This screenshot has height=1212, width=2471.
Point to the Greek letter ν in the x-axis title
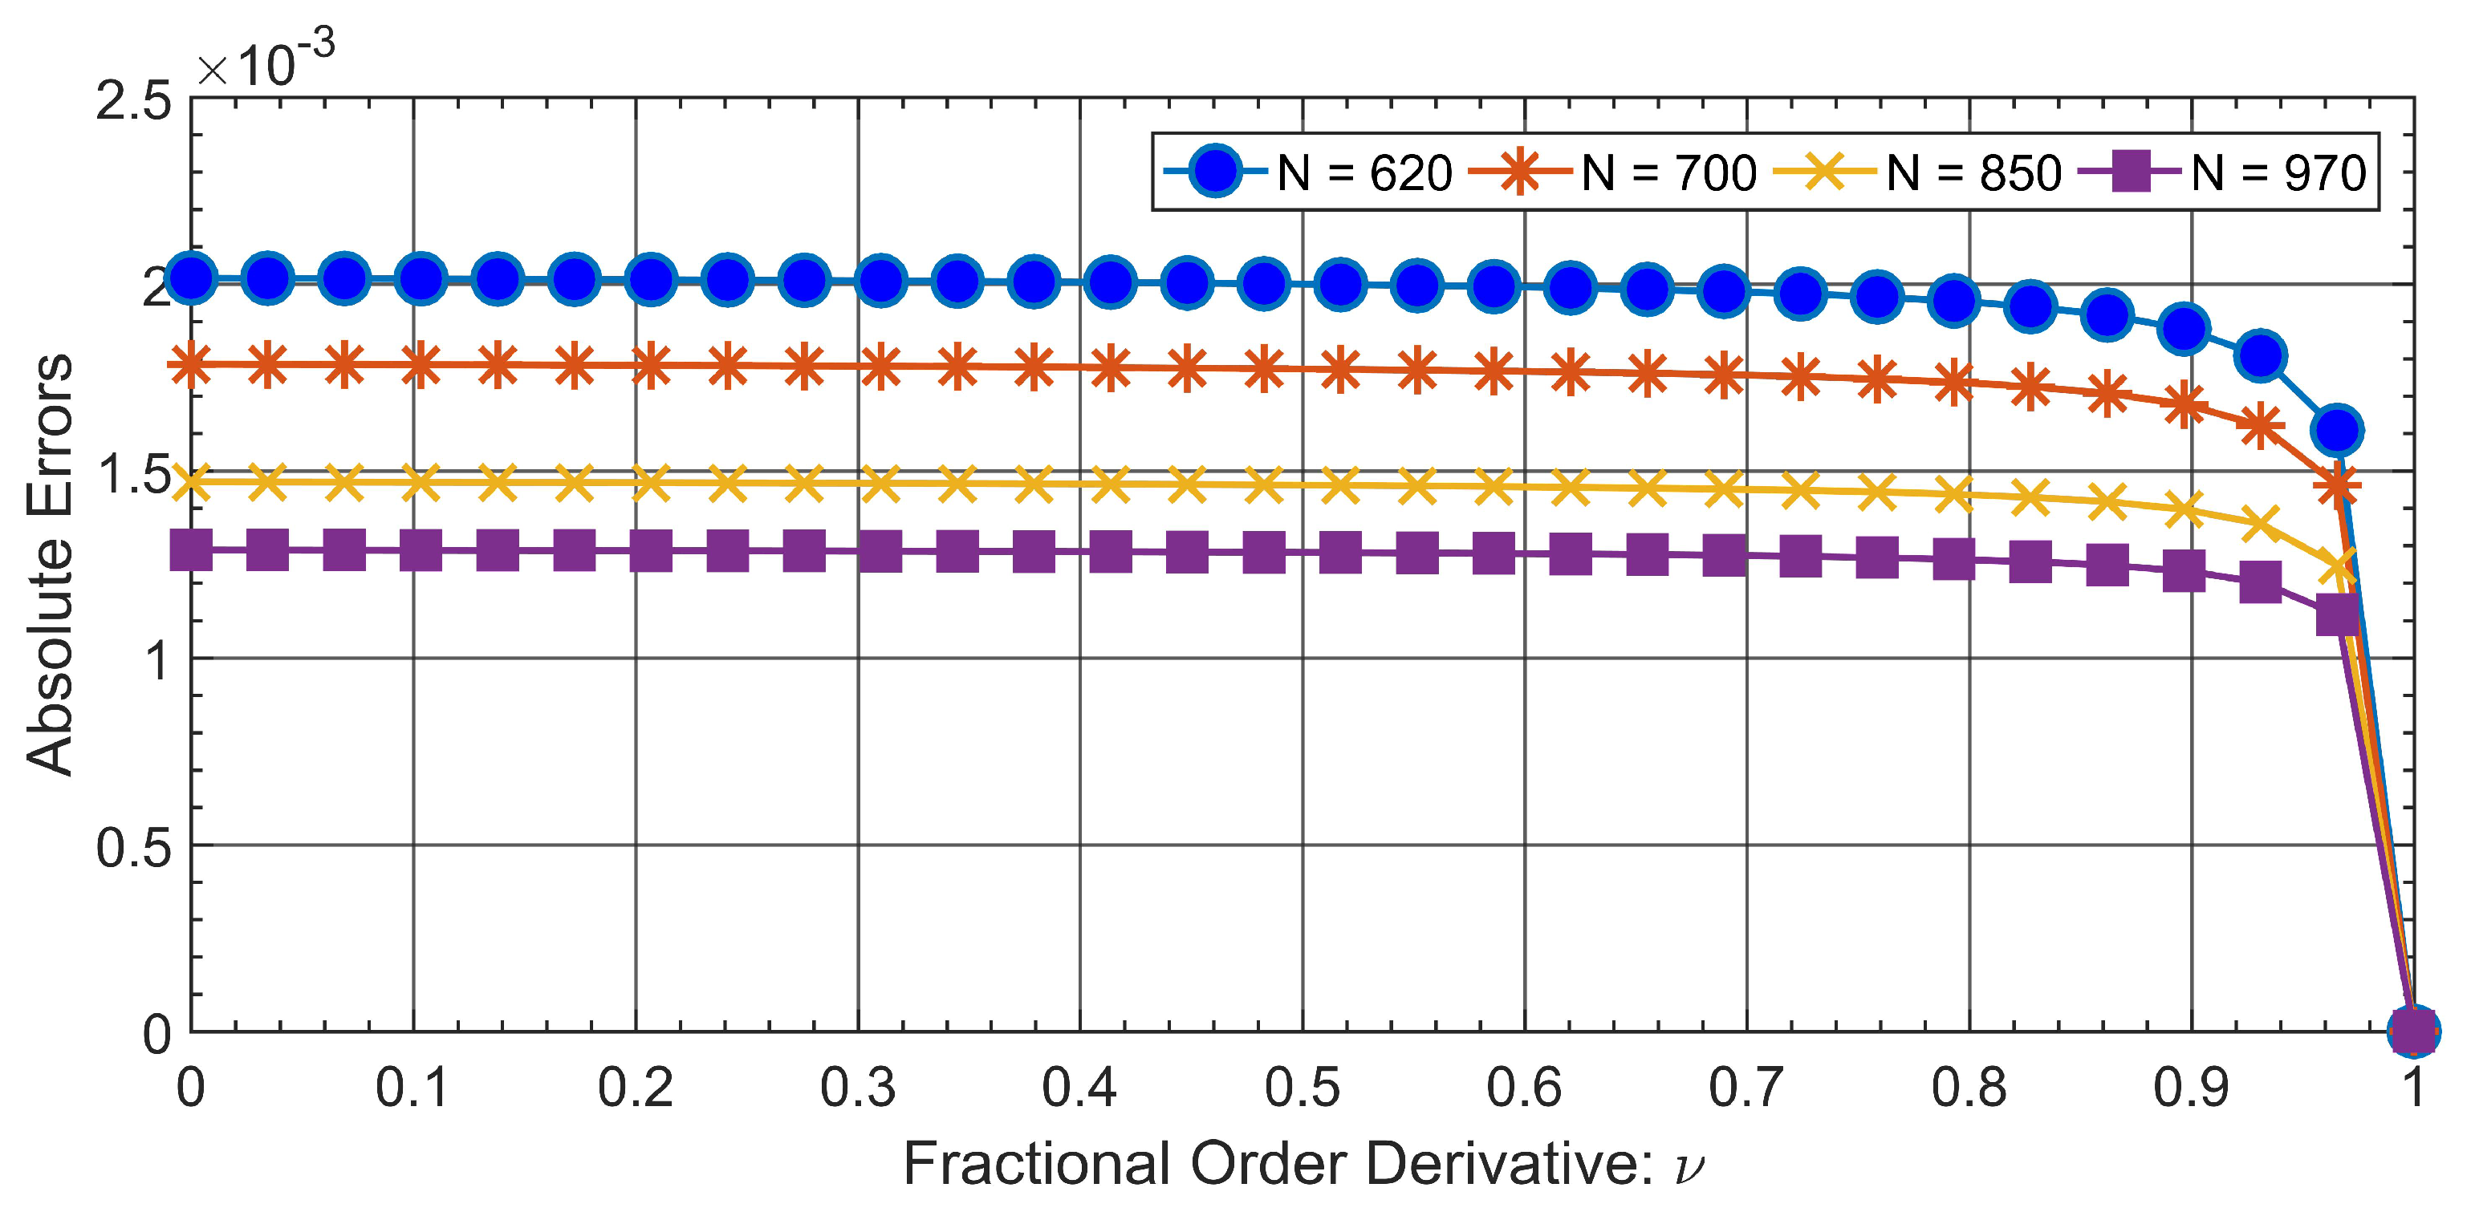[1689, 1167]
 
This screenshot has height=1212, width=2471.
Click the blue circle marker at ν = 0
[192, 279]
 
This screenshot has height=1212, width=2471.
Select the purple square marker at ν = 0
[192, 550]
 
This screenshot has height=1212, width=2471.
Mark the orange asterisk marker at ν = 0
[192, 364]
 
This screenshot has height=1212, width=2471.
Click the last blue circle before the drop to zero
[2338, 430]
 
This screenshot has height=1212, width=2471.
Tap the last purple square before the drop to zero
[2338, 614]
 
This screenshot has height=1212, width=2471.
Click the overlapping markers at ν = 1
[2412, 1031]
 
